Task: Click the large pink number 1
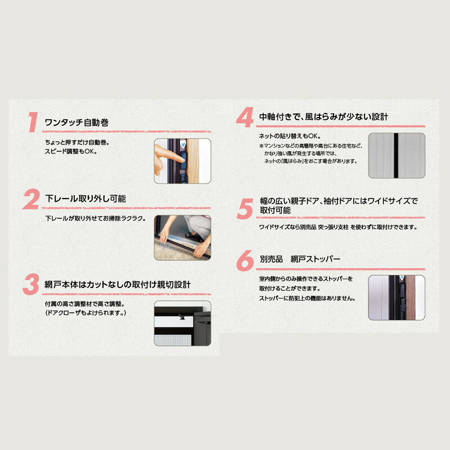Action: point(33,122)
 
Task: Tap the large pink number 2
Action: point(31,199)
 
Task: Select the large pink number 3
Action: point(31,285)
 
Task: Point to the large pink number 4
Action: point(245,117)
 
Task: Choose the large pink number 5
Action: point(245,209)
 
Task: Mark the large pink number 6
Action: point(245,260)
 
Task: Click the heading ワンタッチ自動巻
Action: point(76,123)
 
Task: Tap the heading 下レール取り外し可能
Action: point(85,199)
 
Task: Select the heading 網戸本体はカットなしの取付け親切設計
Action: point(118,285)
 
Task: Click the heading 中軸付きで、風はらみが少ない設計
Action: point(323,117)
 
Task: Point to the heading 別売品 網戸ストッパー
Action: point(300,259)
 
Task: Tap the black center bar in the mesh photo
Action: point(396,155)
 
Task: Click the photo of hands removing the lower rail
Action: point(182,237)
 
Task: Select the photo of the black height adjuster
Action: point(182,323)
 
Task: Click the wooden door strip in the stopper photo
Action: point(411,298)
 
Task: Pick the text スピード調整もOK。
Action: point(71,151)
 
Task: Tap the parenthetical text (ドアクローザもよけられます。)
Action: point(85,313)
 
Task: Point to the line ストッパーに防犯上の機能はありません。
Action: point(307,299)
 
